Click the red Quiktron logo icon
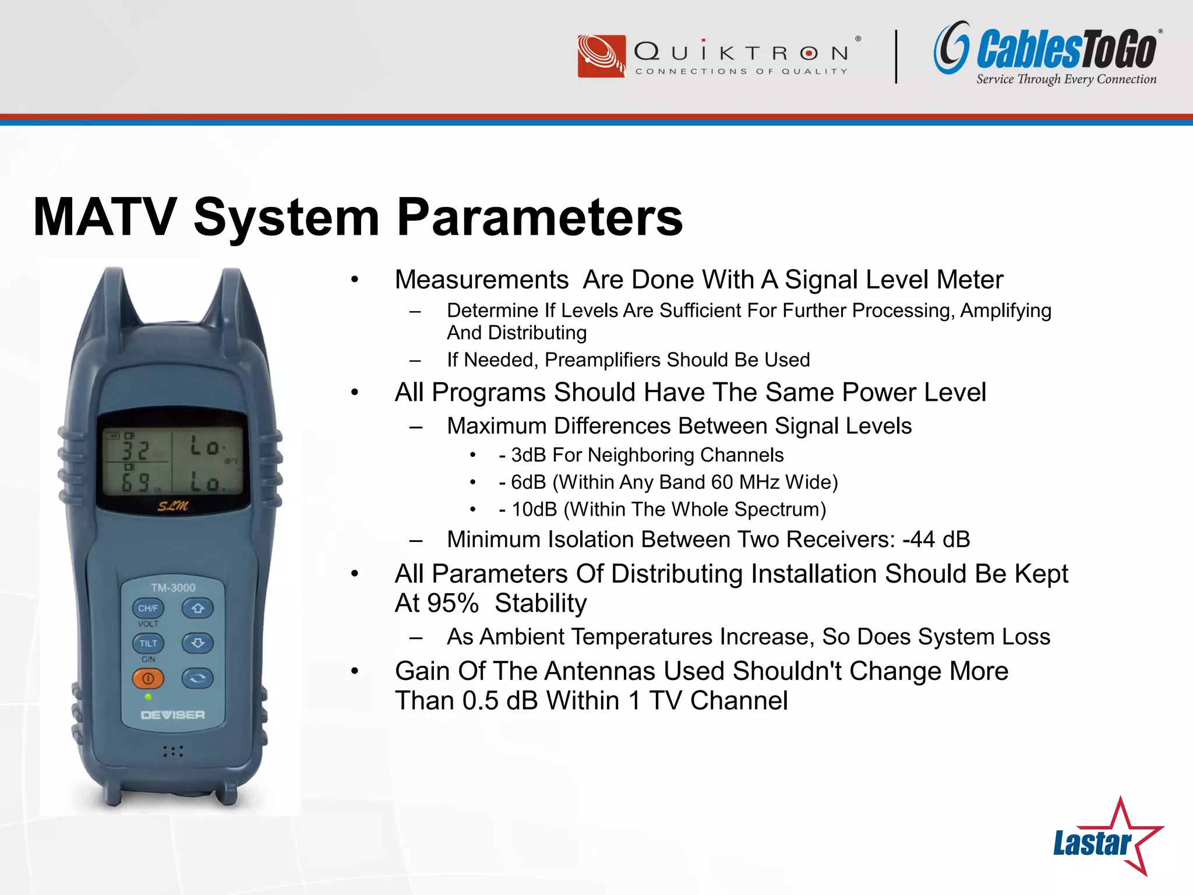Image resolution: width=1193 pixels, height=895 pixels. point(602,56)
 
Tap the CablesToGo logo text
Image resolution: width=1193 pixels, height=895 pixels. point(1067,50)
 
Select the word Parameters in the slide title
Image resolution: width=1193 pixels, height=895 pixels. point(539,217)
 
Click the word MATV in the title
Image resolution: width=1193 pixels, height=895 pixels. point(105,217)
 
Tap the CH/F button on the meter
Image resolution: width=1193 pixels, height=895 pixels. point(148,608)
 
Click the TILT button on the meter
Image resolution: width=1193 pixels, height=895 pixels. point(148,643)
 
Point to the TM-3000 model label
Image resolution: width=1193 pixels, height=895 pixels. point(173,588)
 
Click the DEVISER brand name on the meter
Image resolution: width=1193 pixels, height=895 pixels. point(173,715)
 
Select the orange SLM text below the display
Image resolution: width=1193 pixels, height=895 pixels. point(173,506)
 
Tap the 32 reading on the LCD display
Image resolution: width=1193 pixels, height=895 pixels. point(135,449)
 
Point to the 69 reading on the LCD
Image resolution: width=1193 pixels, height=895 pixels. point(135,482)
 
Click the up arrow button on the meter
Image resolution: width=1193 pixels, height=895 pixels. point(197,608)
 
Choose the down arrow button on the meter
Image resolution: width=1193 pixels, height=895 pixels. point(197,643)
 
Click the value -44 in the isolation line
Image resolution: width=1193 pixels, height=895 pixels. point(919,540)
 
